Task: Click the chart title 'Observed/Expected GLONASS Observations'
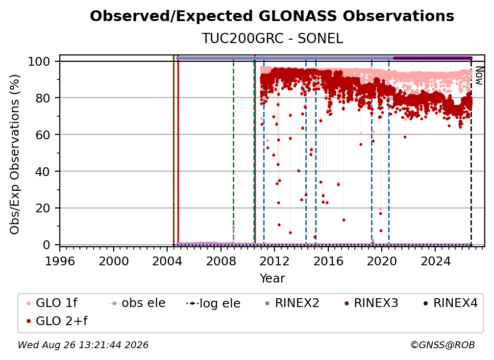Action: click(272, 16)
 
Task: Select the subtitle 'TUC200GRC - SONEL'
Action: click(272, 39)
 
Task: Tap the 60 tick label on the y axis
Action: click(43, 135)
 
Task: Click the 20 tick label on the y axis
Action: click(43, 208)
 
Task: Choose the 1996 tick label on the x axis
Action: click(60, 261)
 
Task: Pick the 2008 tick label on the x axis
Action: click(221, 261)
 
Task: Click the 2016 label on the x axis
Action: click(328, 261)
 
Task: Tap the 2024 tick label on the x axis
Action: click(435, 261)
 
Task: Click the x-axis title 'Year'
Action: click(272, 279)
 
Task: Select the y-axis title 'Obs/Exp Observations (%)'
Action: click(15, 154)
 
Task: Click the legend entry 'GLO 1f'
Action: click(51, 303)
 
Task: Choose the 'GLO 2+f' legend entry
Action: click(57, 321)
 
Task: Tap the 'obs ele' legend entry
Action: click(137, 303)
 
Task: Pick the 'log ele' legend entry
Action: click(213, 304)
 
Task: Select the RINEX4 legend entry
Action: click(450, 303)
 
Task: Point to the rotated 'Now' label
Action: click(479, 76)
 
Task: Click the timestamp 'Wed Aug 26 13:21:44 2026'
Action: click(83, 345)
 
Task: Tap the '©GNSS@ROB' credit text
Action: click(443, 345)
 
